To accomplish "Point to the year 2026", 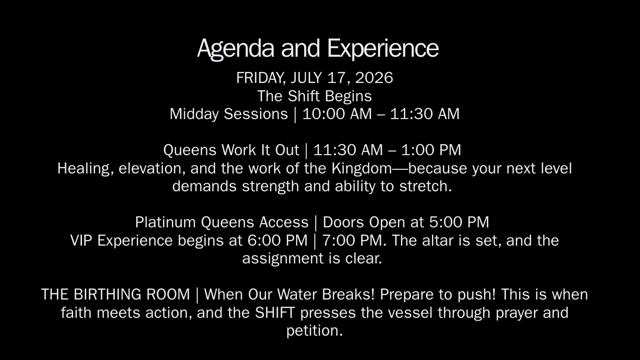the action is click(x=374, y=78).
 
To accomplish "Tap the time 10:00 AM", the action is click(x=337, y=114).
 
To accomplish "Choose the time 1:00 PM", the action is click(x=431, y=150).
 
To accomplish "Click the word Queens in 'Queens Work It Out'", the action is click(x=190, y=150).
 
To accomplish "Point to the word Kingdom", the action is click(x=361, y=169).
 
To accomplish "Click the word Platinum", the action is click(x=165, y=222).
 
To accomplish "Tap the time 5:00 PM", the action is click(x=459, y=222).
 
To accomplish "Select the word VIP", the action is click(x=81, y=240).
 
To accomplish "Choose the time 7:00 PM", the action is click(x=352, y=240).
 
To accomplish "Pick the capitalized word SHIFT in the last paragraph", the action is click(x=275, y=313).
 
